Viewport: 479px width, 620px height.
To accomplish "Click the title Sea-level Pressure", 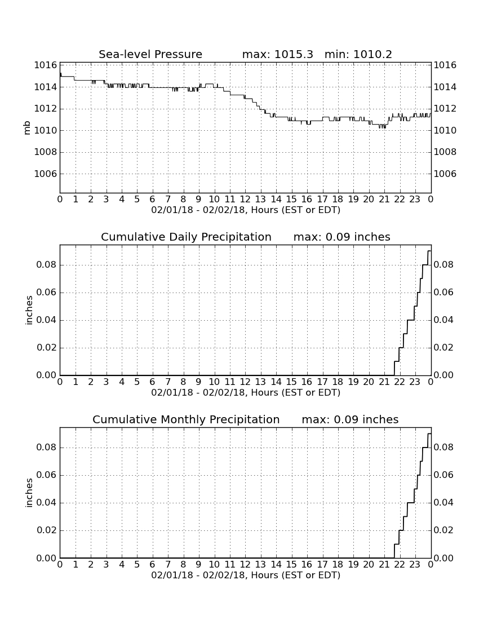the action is [x=150, y=54].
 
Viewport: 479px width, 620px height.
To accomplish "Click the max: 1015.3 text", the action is [x=277, y=54].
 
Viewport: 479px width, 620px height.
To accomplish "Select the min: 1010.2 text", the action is [x=358, y=54].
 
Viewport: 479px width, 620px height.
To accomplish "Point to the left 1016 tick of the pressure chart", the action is [x=46, y=65].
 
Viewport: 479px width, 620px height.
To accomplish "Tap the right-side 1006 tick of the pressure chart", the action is [x=445, y=174].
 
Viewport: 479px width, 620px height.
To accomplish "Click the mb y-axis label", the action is [x=27, y=128].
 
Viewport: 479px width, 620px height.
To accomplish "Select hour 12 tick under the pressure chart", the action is [x=245, y=200].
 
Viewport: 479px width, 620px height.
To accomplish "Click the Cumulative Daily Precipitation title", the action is [x=186, y=237].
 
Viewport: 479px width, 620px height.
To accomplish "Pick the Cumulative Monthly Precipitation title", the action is [x=186, y=419].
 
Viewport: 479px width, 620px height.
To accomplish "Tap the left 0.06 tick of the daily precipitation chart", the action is [x=47, y=293].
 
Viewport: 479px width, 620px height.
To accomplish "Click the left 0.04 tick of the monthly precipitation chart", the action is [x=47, y=503].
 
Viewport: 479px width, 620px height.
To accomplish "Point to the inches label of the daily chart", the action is [x=29, y=311].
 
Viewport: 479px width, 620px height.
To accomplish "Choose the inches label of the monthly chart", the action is [x=29, y=493].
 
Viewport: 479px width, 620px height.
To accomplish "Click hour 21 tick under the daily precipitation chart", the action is [x=384, y=382].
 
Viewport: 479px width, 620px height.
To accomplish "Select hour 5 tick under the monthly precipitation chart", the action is [x=137, y=565].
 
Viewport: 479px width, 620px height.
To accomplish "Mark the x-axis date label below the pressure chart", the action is [x=246, y=210].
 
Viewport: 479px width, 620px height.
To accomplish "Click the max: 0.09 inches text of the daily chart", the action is [x=342, y=237].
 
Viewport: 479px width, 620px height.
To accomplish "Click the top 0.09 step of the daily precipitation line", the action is [x=429, y=251].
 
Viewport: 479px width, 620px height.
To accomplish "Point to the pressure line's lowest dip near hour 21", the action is [x=382, y=127].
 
